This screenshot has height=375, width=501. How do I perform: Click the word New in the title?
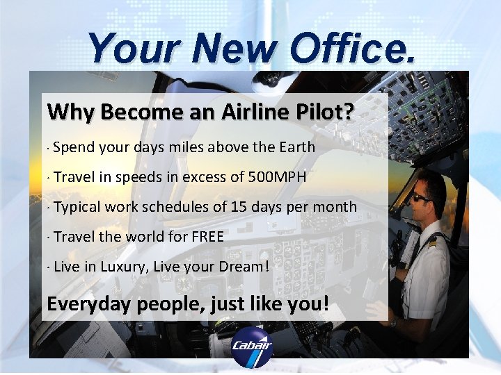point(236,49)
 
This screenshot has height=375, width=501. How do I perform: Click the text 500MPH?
point(277,177)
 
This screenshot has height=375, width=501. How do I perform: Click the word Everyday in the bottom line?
point(88,304)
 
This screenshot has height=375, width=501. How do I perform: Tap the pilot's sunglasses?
point(420,197)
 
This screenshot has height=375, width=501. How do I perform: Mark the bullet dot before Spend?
point(46,149)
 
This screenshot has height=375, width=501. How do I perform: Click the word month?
point(336,207)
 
